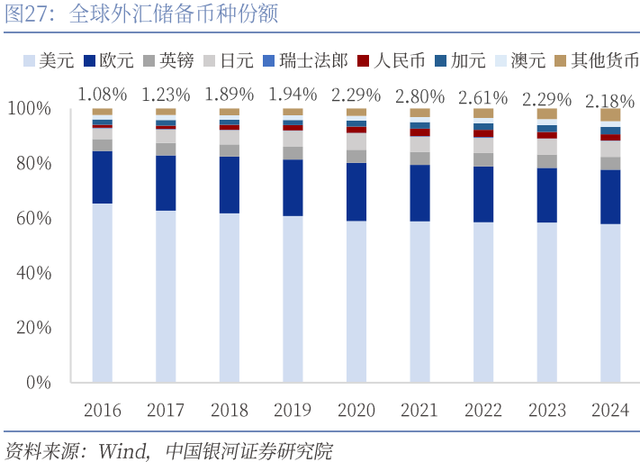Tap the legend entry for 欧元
point(109,60)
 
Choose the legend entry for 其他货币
point(598,60)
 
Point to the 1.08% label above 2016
point(102,94)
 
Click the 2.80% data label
point(419,96)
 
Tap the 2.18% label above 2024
point(610,101)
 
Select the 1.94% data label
point(293,94)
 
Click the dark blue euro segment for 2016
point(102,177)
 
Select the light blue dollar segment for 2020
point(356,301)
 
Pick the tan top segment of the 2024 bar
point(610,115)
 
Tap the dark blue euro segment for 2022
point(483,194)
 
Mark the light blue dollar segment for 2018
point(230,297)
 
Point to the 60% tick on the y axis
point(56,218)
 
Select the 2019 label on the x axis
point(293,411)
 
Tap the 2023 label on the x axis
point(546,411)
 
